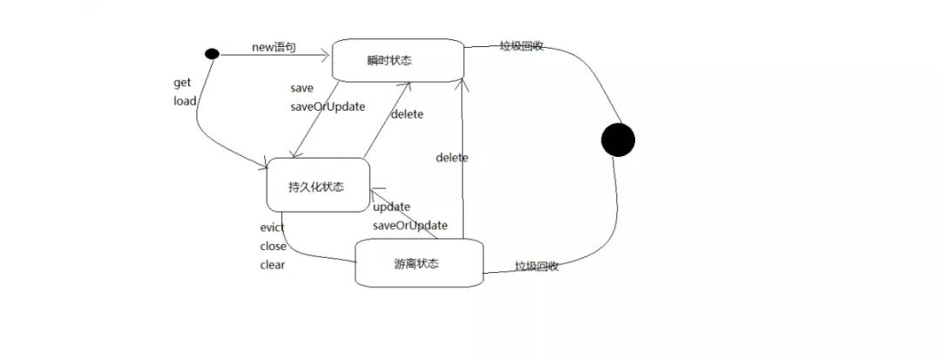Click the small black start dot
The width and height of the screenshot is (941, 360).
pos(211,54)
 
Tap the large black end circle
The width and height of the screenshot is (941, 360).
pos(618,139)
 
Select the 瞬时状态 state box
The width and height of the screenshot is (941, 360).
pos(396,60)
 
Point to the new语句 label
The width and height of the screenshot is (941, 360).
pos(274,47)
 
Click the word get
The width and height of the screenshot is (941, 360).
pos(182,83)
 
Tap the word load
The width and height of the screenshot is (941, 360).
pos(185,100)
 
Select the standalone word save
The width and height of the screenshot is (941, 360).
pos(301,88)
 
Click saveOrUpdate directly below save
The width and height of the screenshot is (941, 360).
pos(327,106)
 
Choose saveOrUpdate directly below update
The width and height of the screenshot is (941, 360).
pos(410,225)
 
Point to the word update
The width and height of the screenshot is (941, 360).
pos(391,207)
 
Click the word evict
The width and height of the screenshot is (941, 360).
pos(272,228)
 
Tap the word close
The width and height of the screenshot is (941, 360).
pos(273,246)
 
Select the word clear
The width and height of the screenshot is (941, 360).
pos(272,265)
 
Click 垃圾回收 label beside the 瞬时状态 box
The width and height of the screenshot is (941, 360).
pos(522,46)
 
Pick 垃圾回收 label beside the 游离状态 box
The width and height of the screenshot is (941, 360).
pos(537,266)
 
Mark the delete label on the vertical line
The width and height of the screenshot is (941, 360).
pos(452,158)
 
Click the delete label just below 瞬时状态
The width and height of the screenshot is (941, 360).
pos(408,114)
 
